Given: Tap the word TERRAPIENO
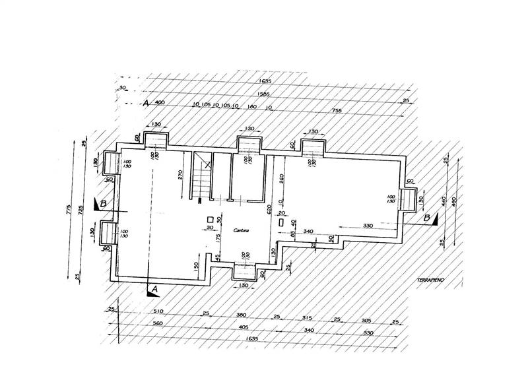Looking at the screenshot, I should (430, 281).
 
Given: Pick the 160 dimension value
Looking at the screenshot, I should (251, 105).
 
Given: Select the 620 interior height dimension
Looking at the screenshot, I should (269, 211).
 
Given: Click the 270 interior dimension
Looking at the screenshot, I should (181, 176).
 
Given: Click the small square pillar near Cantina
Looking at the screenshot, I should (210, 220).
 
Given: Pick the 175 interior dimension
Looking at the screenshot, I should (218, 238).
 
